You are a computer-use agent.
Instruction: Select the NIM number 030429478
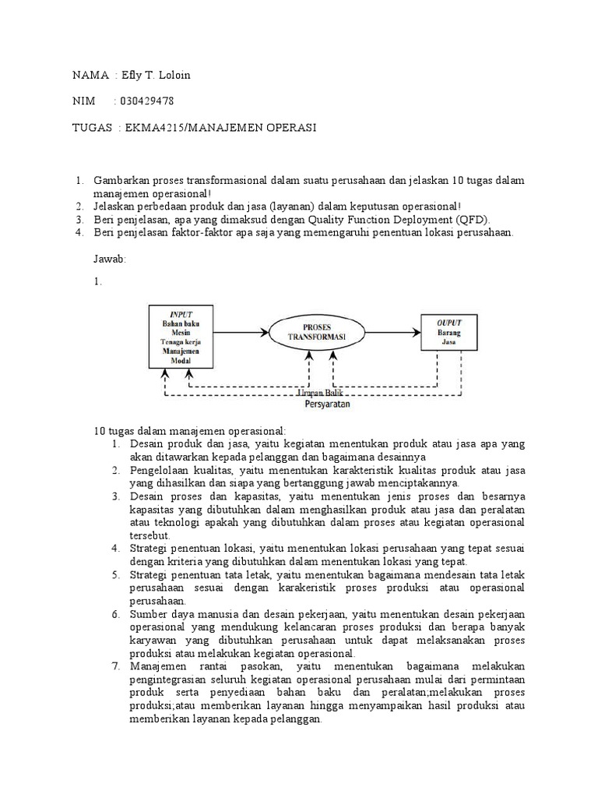(146, 101)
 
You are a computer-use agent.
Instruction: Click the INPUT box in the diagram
(181, 337)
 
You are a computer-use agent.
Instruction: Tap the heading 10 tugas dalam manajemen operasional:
(190, 430)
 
